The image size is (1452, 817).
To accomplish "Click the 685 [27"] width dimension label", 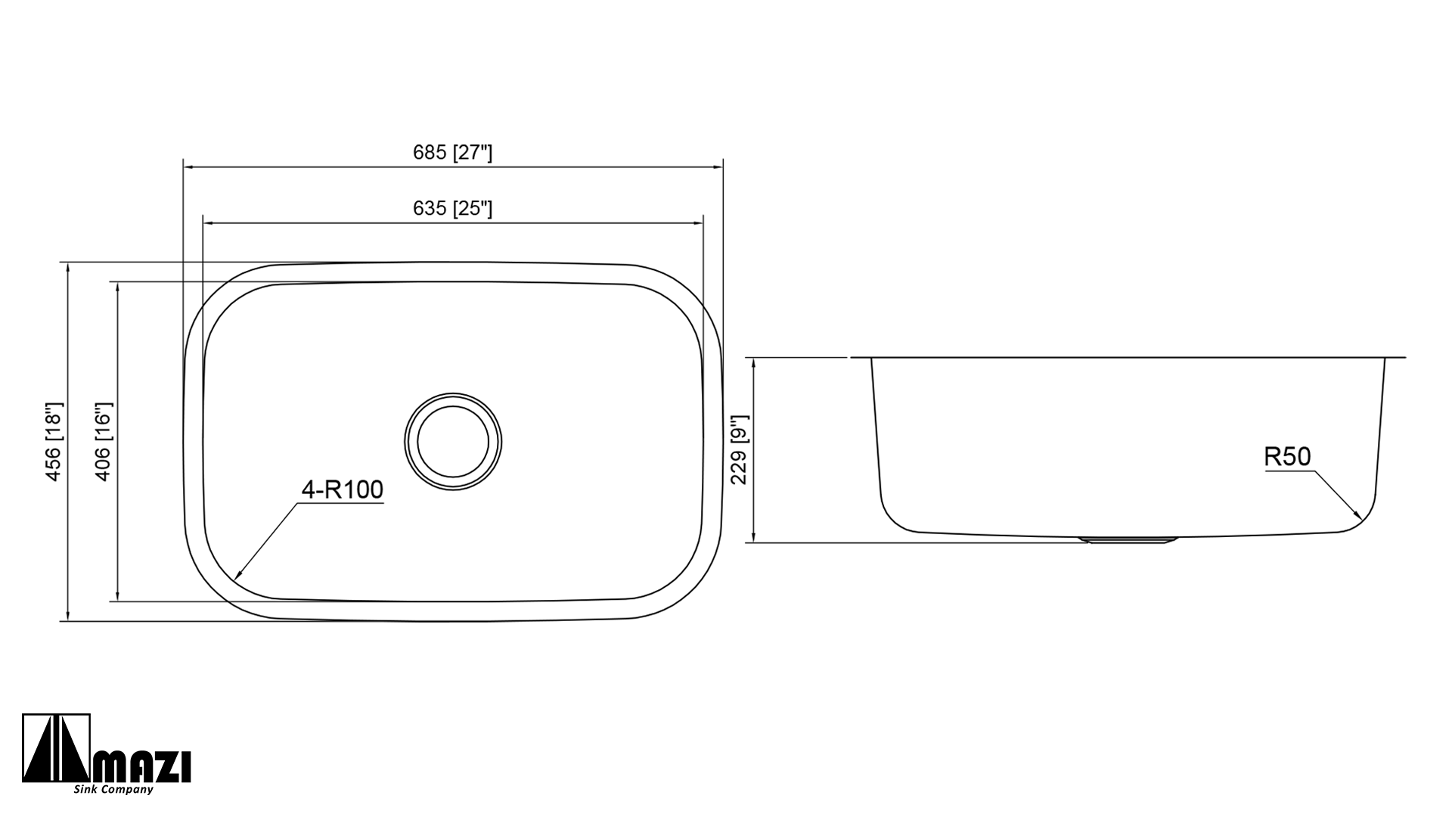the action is point(452,153).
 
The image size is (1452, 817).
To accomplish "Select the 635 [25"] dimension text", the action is point(452,208).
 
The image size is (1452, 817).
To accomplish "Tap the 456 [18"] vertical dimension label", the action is point(54,441).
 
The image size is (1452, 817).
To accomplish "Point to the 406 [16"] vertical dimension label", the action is point(104,441).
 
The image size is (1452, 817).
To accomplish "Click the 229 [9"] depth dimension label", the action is point(740,449).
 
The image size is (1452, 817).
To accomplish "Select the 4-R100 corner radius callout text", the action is point(343,490).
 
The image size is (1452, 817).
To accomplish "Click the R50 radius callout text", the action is point(1287,457).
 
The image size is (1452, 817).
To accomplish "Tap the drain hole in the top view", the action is point(453,441).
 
